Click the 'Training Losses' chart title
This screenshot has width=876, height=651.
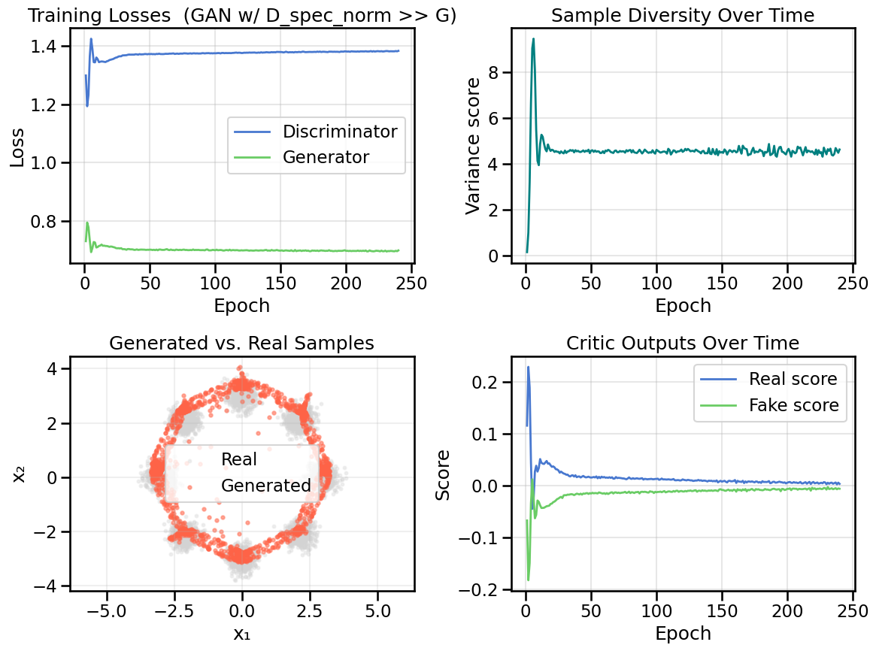[242, 14]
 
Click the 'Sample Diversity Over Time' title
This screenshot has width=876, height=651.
[684, 14]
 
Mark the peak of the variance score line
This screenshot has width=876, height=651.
[533, 39]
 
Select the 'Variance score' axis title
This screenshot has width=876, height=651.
[474, 146]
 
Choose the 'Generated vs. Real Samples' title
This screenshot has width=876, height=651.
[241, 343]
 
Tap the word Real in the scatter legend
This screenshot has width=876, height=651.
[239, 459]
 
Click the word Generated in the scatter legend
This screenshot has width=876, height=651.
[265, 486]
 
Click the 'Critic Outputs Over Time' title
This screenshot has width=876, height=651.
[684, 343]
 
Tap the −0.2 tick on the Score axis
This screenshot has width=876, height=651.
[489, 589]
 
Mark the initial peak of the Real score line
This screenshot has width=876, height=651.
[529, 367]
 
